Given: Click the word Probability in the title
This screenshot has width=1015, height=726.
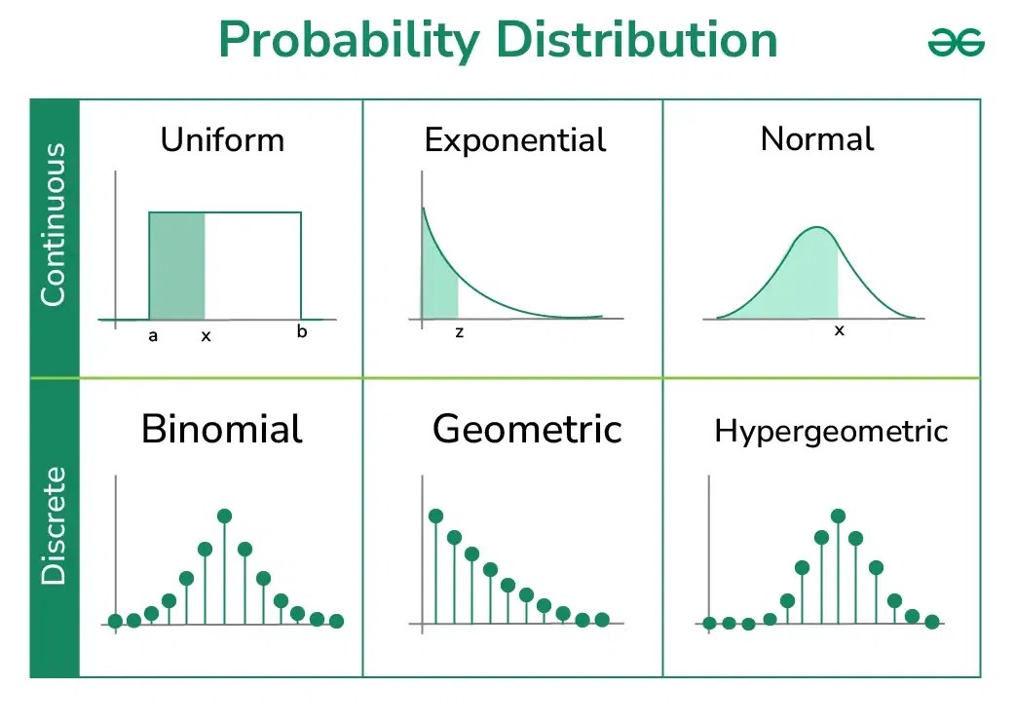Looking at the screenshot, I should tap(349, 41).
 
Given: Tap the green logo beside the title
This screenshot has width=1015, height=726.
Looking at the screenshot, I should tap(956, 42).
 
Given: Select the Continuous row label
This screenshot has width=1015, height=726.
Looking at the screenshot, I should tap(54, 225).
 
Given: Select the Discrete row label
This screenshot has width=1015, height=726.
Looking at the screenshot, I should tap(54, 526).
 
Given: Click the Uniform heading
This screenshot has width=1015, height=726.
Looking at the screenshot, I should tap(222, 139).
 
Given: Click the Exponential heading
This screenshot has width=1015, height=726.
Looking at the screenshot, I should tap(515, 140).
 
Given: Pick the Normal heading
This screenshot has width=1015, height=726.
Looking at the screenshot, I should tap(816, 138).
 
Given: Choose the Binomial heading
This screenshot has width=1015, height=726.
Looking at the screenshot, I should tap(221, 429).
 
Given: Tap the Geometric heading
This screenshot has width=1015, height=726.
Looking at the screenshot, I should tap(527, 429).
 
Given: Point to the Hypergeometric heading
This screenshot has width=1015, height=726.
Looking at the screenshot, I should tap(831, 431).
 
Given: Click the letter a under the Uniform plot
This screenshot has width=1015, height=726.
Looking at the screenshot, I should tap(153, 336).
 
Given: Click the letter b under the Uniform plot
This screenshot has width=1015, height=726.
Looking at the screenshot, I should tap(302, 331).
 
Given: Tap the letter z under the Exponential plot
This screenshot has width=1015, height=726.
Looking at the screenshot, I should tap(459, 332).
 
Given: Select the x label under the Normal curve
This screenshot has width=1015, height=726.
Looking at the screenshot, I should tap(839, 331).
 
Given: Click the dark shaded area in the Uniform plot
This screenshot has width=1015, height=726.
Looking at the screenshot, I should tap(176, 265).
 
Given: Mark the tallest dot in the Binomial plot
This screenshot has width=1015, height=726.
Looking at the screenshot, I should tap(225, 516).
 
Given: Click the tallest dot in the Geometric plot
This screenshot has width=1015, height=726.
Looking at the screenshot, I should tap(435, 516).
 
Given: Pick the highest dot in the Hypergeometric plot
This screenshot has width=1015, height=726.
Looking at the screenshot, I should tap(838, 516).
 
